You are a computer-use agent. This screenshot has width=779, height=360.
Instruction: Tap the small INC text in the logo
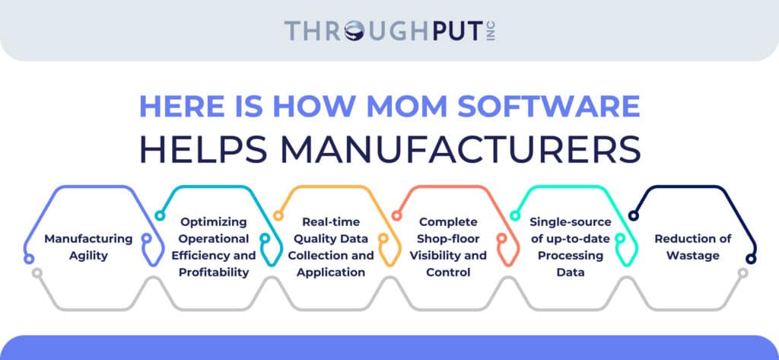click(492, 31)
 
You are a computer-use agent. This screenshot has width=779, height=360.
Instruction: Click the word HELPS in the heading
click(204, 150)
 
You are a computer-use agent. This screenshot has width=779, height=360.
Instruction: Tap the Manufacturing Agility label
click(88, 247)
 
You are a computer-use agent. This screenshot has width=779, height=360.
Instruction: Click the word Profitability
click(214, 272)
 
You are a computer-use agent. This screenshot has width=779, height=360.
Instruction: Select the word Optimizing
click(214, 221)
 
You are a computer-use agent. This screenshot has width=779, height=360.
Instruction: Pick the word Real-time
click(332, 221)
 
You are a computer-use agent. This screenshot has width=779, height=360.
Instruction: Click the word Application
click(331, 272)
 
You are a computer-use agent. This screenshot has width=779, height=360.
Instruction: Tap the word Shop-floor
click(448, 239)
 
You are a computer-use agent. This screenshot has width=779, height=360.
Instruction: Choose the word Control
click(448, 272)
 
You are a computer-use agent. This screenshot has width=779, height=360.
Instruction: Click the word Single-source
click(571, 221)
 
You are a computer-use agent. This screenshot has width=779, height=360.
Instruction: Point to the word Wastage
click(692, 256)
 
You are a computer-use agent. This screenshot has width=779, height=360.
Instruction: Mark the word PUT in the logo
click(459, 31)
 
